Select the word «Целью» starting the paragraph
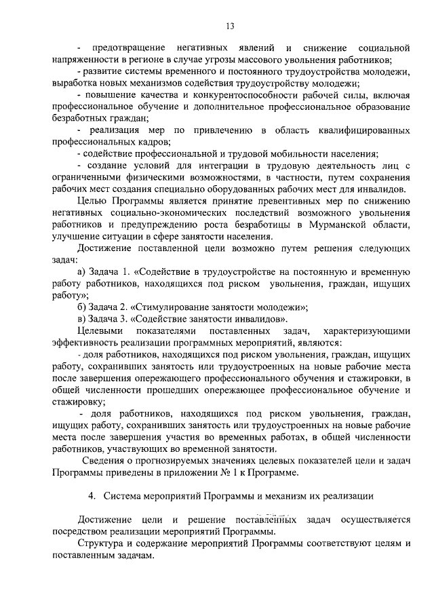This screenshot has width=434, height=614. pyautogui.click(x=92, y=201)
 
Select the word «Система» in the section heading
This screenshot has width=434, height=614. pyautogui.click(x=124, y=496)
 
